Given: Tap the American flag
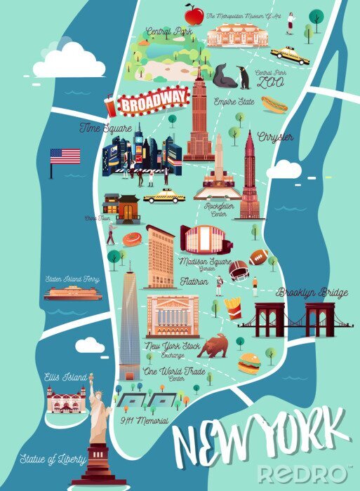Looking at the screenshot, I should [x=65, y=156].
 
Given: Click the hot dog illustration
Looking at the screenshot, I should [x=274, y=105].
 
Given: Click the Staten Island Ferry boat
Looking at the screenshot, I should [x=72, y=292].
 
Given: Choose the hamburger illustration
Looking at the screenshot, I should [x=248, y=363].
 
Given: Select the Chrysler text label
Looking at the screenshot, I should [x=275, y=136].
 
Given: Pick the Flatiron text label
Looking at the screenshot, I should [x=194, y=282].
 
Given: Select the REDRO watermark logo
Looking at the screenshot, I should [x=303, y=473].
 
